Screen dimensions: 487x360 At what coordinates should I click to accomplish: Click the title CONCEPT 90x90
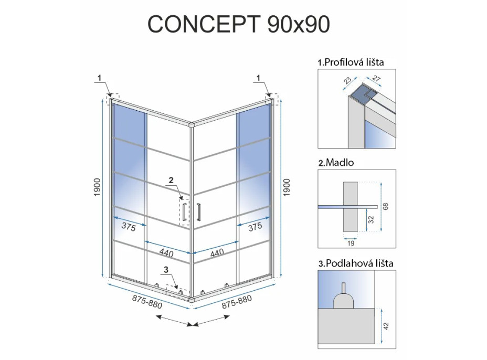pos(238,24)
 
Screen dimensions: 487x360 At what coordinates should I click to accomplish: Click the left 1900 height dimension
pos(97,187)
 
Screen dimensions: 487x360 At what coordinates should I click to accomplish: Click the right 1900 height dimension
pos(287,187)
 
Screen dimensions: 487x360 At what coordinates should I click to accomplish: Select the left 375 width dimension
pos(129,227)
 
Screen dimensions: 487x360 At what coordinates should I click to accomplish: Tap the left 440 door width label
pos(166,253)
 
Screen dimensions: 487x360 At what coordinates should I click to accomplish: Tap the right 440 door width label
pos(217,253)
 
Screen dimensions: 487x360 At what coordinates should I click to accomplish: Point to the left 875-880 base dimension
pos(147,302)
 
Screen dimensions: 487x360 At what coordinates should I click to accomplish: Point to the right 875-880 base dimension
pos(237,302)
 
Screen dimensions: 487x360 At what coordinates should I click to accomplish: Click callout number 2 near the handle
pos(171,180)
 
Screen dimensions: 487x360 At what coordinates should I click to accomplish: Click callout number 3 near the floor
pos(166,269)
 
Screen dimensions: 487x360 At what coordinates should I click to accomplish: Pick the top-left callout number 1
pos(99,78)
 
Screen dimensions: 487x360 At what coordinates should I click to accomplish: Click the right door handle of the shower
pos(198,212)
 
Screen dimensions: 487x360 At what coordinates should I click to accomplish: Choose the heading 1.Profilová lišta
pos(351,62)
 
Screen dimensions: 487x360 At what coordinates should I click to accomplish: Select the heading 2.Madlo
pos(336,163)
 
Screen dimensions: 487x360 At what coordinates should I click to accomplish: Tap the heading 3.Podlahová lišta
pos(356,263)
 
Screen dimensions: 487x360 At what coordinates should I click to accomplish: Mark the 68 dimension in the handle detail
pos(385,206)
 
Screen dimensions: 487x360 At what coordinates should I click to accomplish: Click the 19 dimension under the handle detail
pos(351,243)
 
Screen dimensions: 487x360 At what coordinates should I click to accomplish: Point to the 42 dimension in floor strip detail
pos(386,326)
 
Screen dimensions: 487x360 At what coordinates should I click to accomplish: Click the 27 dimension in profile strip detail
pos(376,78)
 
